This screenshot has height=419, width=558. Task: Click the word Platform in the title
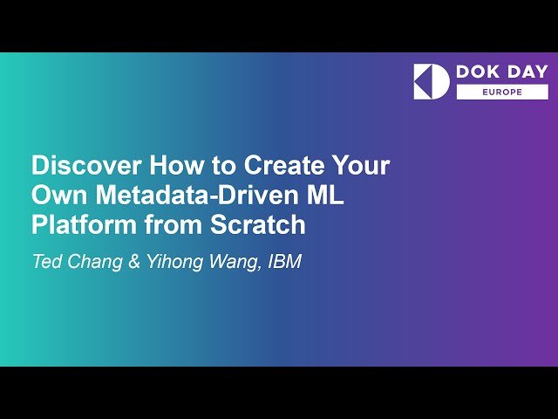[75, 224]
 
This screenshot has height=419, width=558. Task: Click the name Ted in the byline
[48, 262]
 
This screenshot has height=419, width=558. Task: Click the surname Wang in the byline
[233, 262]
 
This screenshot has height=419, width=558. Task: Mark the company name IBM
[283, 262]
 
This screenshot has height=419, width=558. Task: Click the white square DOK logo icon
[432, 81]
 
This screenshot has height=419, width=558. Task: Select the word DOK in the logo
[476, 72]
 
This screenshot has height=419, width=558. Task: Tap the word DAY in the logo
[523, 72]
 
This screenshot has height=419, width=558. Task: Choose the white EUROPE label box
[502, 93]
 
